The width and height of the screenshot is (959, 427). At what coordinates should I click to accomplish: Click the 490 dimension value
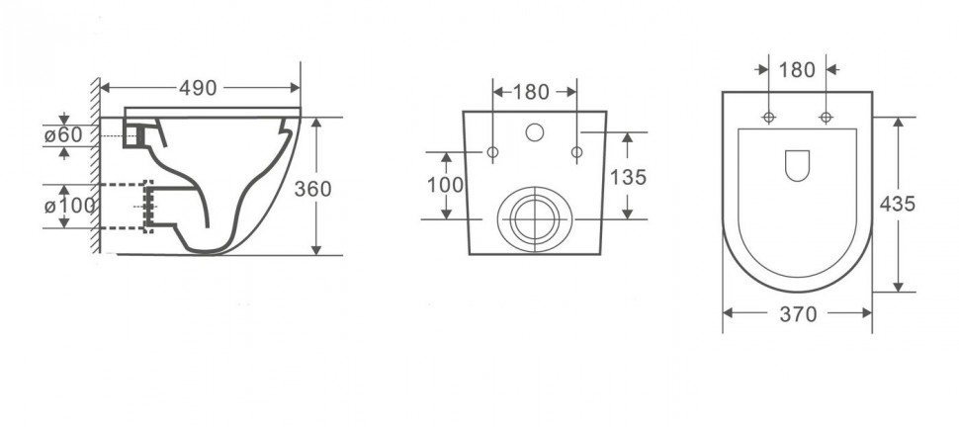[198, 88]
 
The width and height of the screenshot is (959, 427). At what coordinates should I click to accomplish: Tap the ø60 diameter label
[63, 135]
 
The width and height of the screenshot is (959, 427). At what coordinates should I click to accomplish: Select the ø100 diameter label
[70, 206]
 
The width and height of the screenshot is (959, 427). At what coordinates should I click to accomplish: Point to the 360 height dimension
[312, 189]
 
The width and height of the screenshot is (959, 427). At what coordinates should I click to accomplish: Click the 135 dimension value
[628, 177]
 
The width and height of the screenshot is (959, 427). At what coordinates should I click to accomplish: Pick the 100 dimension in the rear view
[445, 185]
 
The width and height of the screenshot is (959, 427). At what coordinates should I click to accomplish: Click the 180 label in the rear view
[531, 92]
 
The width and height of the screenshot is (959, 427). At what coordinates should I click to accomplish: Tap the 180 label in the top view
[797, 70]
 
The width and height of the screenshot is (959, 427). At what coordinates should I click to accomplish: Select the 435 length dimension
[898, 204]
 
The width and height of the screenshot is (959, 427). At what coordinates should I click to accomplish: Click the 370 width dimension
[798, 314]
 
